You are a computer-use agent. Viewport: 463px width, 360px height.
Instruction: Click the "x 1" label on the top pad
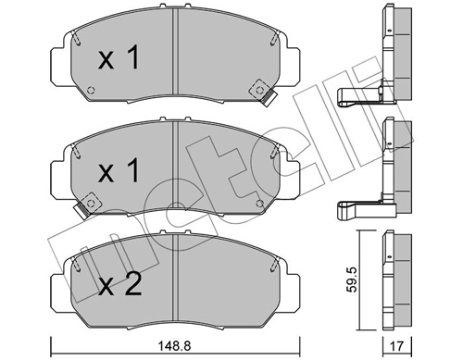coord(118,61)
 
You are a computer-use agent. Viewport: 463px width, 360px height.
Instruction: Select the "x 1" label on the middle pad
coord(118,171)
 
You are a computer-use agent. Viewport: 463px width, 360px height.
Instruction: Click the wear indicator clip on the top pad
coord(269,96)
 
